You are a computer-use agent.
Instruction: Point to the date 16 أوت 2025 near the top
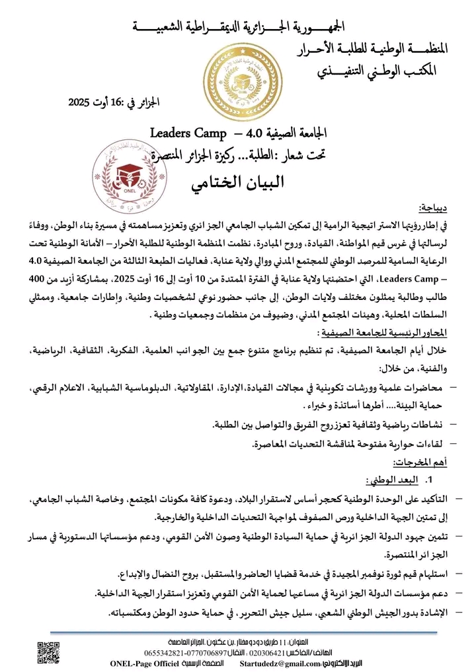coord(116,102)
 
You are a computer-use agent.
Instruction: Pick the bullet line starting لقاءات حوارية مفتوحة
coord(344,444)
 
